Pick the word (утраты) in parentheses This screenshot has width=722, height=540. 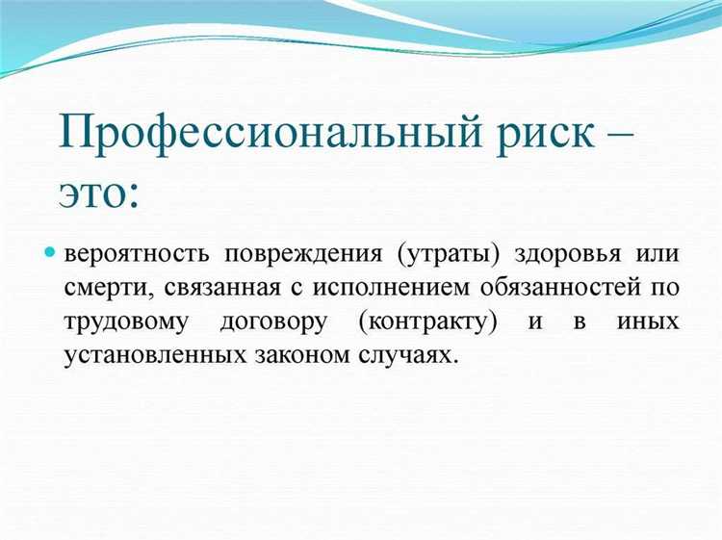[x=446, y=255]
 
